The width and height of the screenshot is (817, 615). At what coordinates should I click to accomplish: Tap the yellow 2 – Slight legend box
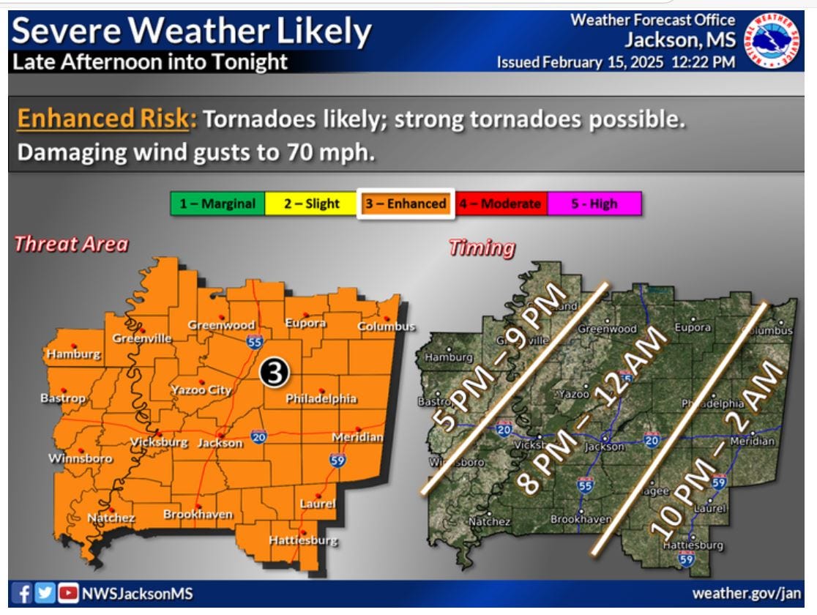[x=312, y=204]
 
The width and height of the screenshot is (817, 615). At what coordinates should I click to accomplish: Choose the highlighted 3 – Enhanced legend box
[x=406, y=204]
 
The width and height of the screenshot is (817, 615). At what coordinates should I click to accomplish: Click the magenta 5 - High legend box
[x=594, y=204]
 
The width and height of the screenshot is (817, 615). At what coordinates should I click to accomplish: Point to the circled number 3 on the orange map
[x=275, y=373]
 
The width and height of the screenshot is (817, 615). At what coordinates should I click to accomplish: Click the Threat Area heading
[x=71, y=245]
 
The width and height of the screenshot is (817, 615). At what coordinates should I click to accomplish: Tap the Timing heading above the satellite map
[x=482, y=248]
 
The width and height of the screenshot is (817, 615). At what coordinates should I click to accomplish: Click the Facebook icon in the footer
[x=25, y=592]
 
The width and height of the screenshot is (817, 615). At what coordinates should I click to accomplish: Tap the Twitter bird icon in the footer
[x=45, y=592]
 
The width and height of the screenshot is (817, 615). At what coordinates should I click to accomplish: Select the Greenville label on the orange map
[x=142, y=338]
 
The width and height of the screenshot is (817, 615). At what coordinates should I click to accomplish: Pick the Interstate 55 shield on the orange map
[x=254, y=341]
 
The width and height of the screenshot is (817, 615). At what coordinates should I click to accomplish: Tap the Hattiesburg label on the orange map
[x=303, y=541]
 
